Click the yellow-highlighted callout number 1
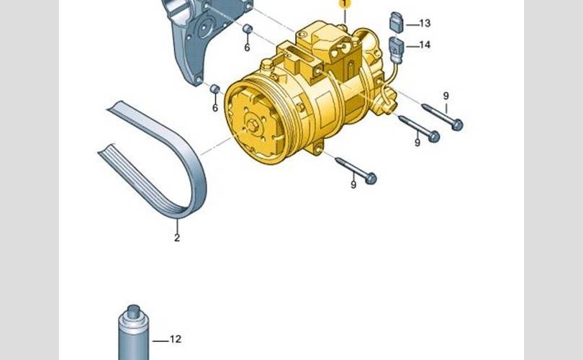coord(345,4)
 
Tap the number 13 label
coord(425,24)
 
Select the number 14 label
coord(425,45)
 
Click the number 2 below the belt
coord(177,238)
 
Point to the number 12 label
coord(176,339)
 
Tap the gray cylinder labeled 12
coord(133,333)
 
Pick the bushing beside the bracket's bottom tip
coord(215,89)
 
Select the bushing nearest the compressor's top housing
coord(248,29)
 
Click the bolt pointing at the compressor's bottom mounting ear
coord(356,171)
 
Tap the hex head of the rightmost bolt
coord(457,125)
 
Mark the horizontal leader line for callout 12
coord(161,341)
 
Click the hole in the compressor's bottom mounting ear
coord(318,150)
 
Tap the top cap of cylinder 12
coord(133,310)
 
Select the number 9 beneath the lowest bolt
coord(353,184)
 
